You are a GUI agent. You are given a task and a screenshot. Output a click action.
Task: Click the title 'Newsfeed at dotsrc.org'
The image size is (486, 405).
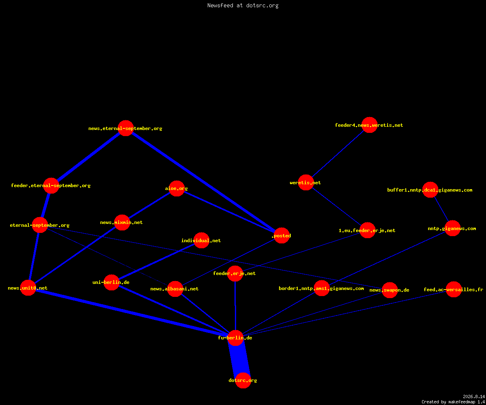tap(243, 6)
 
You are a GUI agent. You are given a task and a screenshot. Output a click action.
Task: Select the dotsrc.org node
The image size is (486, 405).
tap(243, 380)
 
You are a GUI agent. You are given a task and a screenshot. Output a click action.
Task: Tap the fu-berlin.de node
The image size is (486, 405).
tap(236, 338)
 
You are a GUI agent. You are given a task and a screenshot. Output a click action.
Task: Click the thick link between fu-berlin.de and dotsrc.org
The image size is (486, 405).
tap(239, 359)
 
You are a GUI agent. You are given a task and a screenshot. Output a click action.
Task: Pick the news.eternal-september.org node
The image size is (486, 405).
tap(126, 128)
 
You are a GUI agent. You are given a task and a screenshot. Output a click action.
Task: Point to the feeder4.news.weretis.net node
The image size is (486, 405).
tap(369, 125)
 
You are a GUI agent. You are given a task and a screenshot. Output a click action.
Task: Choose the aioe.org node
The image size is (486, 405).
tap(177, 188)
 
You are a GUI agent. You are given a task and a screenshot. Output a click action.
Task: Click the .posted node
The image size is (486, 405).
tap(281, 236)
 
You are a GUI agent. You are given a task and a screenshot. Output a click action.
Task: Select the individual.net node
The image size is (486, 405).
tap(201, 240)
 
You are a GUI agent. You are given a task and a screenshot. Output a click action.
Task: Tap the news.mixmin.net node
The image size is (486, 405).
tap(122, 222)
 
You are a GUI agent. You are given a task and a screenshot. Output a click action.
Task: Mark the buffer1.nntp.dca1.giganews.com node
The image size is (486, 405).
tap(430, 190)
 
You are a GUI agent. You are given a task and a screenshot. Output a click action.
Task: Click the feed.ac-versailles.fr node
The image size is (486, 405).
tap(454, 289)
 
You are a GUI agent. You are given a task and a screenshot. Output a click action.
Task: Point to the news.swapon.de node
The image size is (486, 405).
tap(390, 290)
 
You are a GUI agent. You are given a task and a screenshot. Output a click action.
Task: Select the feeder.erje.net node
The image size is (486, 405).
tap(235, 273)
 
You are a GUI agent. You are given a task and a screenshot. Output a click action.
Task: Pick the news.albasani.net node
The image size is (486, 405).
tap(175, 289)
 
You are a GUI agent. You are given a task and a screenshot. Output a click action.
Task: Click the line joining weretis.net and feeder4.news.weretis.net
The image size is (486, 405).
tap(338, 154)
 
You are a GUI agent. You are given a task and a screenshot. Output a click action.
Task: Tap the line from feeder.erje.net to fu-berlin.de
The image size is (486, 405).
tap(235, 306)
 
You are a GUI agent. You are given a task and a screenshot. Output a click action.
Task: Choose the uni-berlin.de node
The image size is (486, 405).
tap(111, 282)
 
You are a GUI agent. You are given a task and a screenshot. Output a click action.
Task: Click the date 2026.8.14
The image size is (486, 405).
tap(474, 396)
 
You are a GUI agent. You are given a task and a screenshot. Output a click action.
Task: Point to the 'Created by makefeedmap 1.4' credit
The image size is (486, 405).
tap(453, 402)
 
